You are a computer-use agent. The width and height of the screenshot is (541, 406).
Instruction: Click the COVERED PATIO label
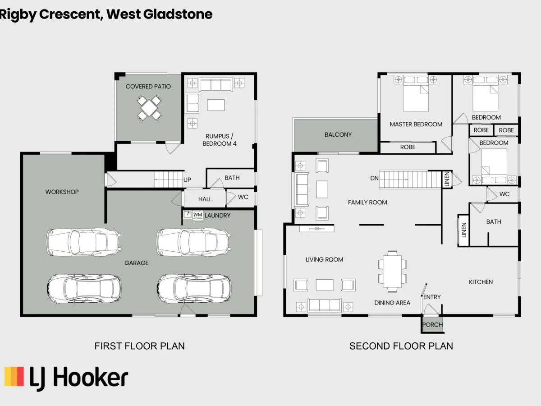[x=148, y=86]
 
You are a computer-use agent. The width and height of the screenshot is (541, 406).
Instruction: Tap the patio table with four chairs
[x=149, y=108]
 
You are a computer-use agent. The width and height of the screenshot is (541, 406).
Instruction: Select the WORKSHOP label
[x=62, y=192]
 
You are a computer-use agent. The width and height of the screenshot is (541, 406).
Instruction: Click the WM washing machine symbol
[x=197, y=215]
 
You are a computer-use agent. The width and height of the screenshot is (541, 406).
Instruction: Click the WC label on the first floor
[x=243, y=197]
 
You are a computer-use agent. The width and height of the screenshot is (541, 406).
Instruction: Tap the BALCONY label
[x=338, y=134]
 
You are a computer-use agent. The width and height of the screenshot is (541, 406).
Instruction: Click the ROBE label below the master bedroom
[x=408, y=147]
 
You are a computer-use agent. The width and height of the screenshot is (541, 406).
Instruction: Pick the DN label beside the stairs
[x=374, y=178]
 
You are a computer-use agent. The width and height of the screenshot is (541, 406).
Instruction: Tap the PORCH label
[x=432, y=324]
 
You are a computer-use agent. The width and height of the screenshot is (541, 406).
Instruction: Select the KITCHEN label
[x=481, y=282]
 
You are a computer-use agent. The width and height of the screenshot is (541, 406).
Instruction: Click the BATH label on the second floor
[x=494, y=221]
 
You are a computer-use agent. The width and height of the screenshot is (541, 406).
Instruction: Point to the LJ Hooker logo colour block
[x=14, y=377]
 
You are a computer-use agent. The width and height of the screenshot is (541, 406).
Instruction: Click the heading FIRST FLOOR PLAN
[x=139, y=346]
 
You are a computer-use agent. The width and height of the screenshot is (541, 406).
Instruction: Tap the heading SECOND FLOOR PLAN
[x=401, y=346]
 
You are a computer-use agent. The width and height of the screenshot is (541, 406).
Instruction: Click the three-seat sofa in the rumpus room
[x=215, y=84]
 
